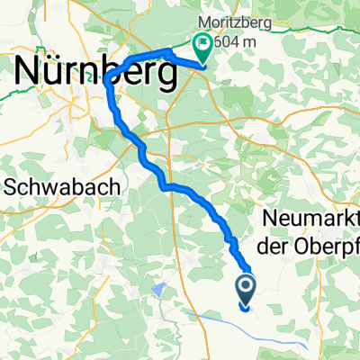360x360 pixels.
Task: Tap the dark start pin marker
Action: click(246, 290)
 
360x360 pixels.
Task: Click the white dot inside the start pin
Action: click(246, 286)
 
